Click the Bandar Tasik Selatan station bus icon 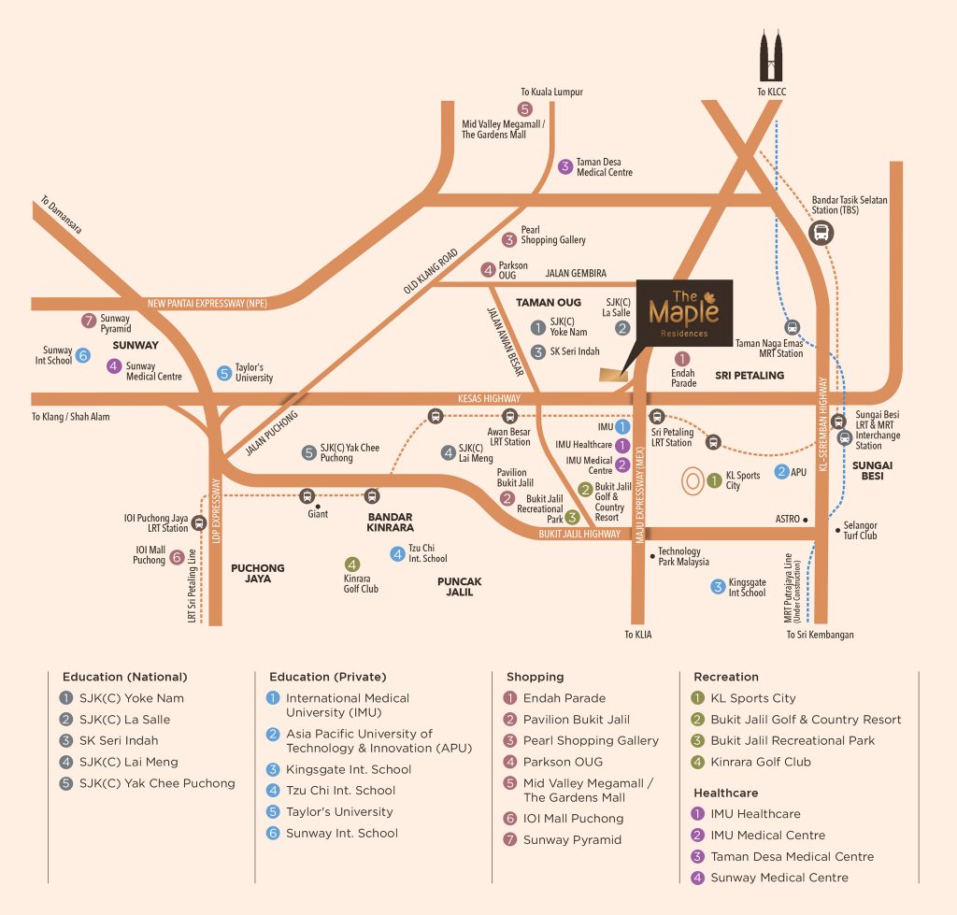click(x=821, y=232)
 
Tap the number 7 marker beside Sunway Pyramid click(x=89, y=320)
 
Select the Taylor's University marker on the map click(x=223, y=373)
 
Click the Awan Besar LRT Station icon click(x=510, y=417)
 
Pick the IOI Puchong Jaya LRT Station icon click(x=198, y=523)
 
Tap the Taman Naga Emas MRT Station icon click(x=792, y=327)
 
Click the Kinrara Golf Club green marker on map click(x=351, y=564)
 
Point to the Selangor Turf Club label click(x=860, y=530)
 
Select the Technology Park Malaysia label click(x=683, y=556)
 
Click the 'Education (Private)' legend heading click(x=327, y=677)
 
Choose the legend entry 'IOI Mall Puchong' click(x=573, y=818)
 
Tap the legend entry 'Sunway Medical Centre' click(x=779, y=877)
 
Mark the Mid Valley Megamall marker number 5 click(x=524, y=109)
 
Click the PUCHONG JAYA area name click(x=258, y=573)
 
